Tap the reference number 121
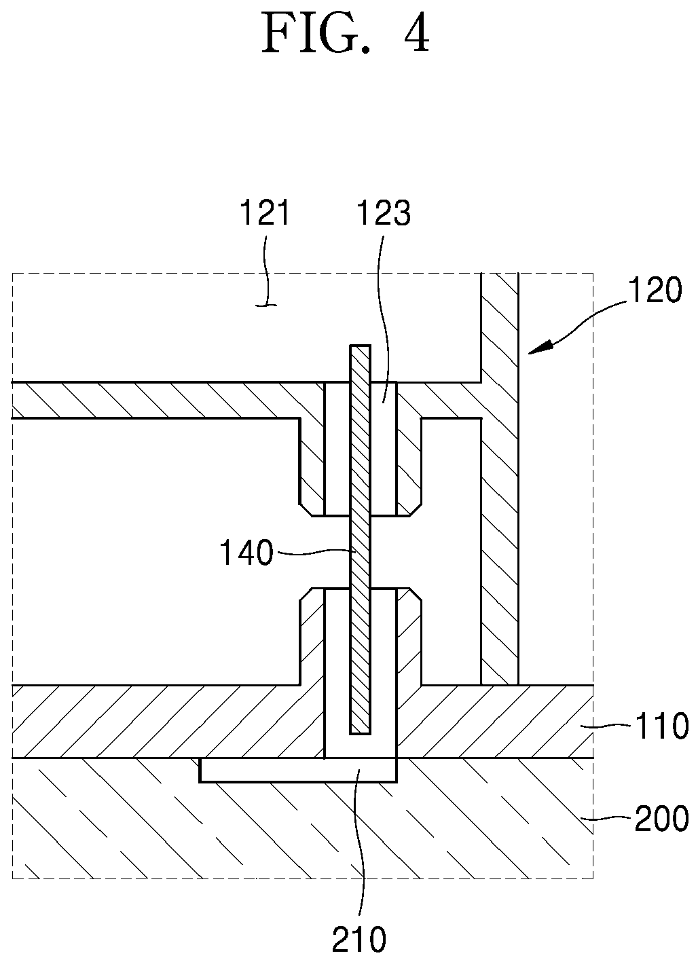[265, 212]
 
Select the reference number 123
[383, 212]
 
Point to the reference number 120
[655, 290]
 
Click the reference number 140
[246, 553]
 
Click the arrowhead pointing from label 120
[540, 347]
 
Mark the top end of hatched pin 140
[360, 346]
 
